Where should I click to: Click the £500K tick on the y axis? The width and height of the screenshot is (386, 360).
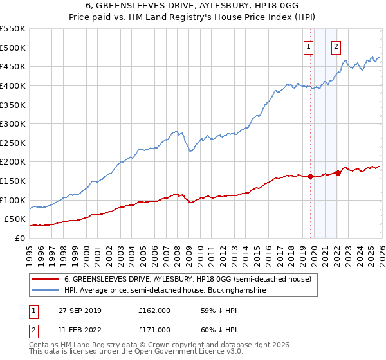click(x=14, y=48)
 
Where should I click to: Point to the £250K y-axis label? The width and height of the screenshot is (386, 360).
click(x=14, y=143)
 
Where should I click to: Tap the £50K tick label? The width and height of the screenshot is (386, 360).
click(x=16, y=219)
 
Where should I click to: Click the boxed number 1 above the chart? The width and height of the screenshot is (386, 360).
click(x=309, y=46)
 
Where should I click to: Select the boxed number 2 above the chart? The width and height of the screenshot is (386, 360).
click(x=336, y=46)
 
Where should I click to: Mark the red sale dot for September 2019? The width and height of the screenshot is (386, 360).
click(x=310, y=176)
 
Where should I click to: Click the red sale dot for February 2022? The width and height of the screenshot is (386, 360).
click(x=338, y=173)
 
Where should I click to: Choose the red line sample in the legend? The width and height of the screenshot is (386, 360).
click(x=45, y=279)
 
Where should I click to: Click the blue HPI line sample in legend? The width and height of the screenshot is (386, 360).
click(x=45, y=291)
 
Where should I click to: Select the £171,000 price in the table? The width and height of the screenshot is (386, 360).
click(x=154, y=330)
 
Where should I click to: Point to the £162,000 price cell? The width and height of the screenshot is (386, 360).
click(x=154, y=310)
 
